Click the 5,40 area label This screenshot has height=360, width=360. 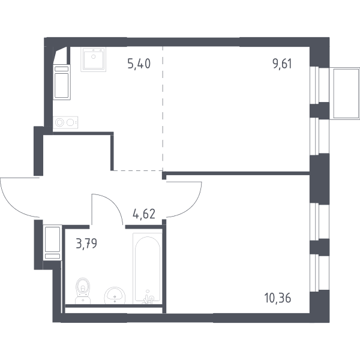coord(139,64)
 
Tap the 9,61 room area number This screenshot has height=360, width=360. coord(282,64)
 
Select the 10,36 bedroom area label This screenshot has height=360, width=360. coord(278,298)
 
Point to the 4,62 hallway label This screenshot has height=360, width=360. coord(144,214)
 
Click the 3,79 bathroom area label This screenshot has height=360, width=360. coord(86,244)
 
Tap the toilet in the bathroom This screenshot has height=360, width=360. coord(83,290)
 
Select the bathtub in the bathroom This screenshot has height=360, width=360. coord(148,268)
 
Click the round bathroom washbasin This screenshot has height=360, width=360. coord(115,295)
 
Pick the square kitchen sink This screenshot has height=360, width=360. coord(93,59)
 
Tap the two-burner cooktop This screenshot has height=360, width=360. coord(65,122)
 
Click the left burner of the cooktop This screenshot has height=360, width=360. coord(59,122)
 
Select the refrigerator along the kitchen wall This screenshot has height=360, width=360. coord(62,82)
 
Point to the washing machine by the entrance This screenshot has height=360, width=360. coord(52,242)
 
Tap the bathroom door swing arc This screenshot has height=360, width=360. coord(113,204)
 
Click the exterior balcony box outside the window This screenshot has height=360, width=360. coord(344,94)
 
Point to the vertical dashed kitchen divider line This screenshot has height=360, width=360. coord(163,109)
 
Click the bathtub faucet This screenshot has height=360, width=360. coord(148,298)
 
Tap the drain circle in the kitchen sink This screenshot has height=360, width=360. coord(93,56)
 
